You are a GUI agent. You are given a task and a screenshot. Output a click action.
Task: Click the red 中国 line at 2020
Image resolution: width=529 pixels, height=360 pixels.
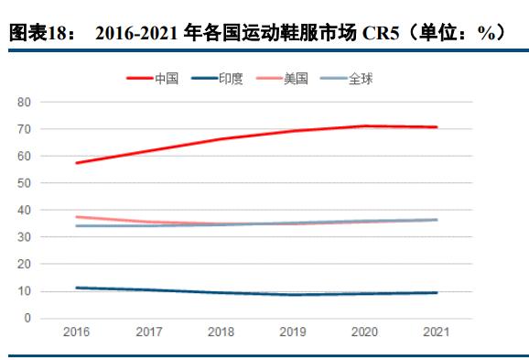point(364,126)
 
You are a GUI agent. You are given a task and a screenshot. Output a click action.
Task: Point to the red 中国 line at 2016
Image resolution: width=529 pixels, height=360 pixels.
point(77,163)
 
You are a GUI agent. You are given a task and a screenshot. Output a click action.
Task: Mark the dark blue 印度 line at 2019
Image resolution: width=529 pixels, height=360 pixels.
point(293,294)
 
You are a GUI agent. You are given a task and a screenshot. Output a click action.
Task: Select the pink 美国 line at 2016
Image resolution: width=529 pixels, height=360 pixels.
point(77,217)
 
